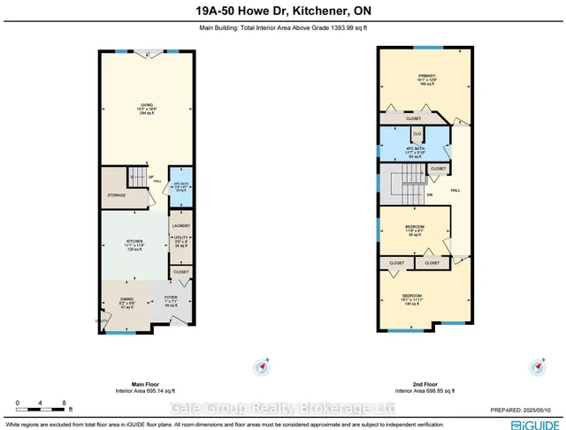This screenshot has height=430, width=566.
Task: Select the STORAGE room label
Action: pos(117,195)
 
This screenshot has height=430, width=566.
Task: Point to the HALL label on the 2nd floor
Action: pos(455,190)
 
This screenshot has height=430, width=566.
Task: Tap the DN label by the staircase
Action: pos(429,195)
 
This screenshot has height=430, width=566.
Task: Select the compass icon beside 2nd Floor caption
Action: pos(535,366)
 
